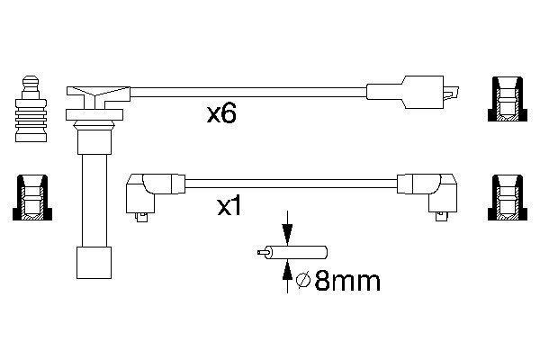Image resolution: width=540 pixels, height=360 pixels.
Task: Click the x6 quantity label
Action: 220,115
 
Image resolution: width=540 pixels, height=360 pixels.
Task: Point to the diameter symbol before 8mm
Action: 303,283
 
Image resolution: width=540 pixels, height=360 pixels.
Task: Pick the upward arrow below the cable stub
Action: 286,274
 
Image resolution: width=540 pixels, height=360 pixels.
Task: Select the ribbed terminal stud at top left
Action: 31,112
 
